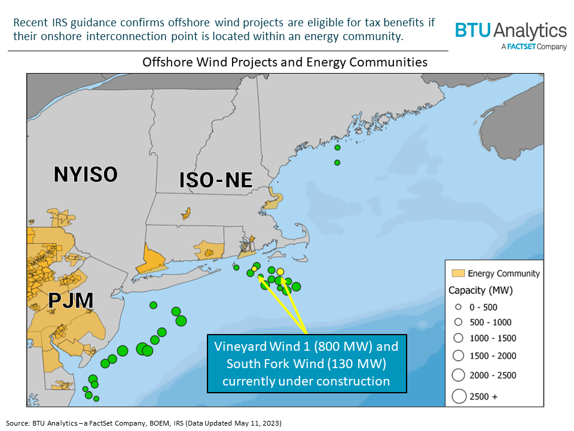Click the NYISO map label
coord(86,174)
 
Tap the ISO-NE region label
coord(216,180)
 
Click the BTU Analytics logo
coord(511,31)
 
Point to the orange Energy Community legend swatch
coord(457,274)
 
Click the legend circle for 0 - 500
coord(458,307)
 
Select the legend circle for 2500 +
coord(459,396)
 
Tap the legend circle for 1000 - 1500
coord(458,338)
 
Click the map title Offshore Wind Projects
coord(285,62)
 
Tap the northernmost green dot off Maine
coord(337,147)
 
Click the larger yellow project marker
coord(280,272)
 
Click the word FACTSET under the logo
coord(521,47)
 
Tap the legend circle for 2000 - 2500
coord(459,375)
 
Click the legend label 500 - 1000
coord(491,322)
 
